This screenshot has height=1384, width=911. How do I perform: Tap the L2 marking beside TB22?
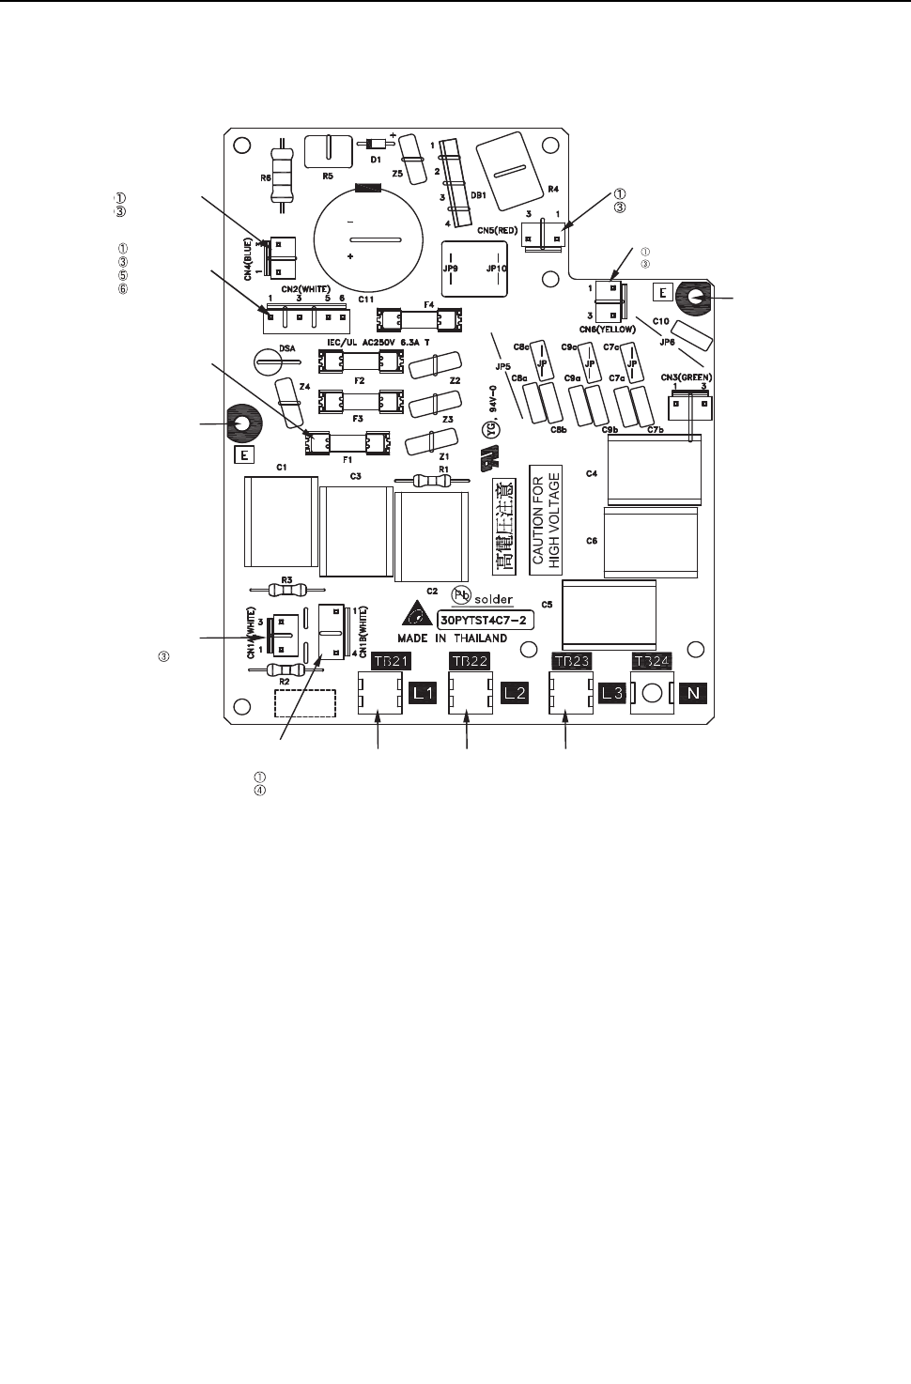[516, 695]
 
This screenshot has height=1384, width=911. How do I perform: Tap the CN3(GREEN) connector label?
[689, 377]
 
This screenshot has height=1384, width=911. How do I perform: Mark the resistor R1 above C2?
[441, 480]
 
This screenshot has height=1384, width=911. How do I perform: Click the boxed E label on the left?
[243, 456]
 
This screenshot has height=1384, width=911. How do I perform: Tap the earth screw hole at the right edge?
[696, 297]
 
